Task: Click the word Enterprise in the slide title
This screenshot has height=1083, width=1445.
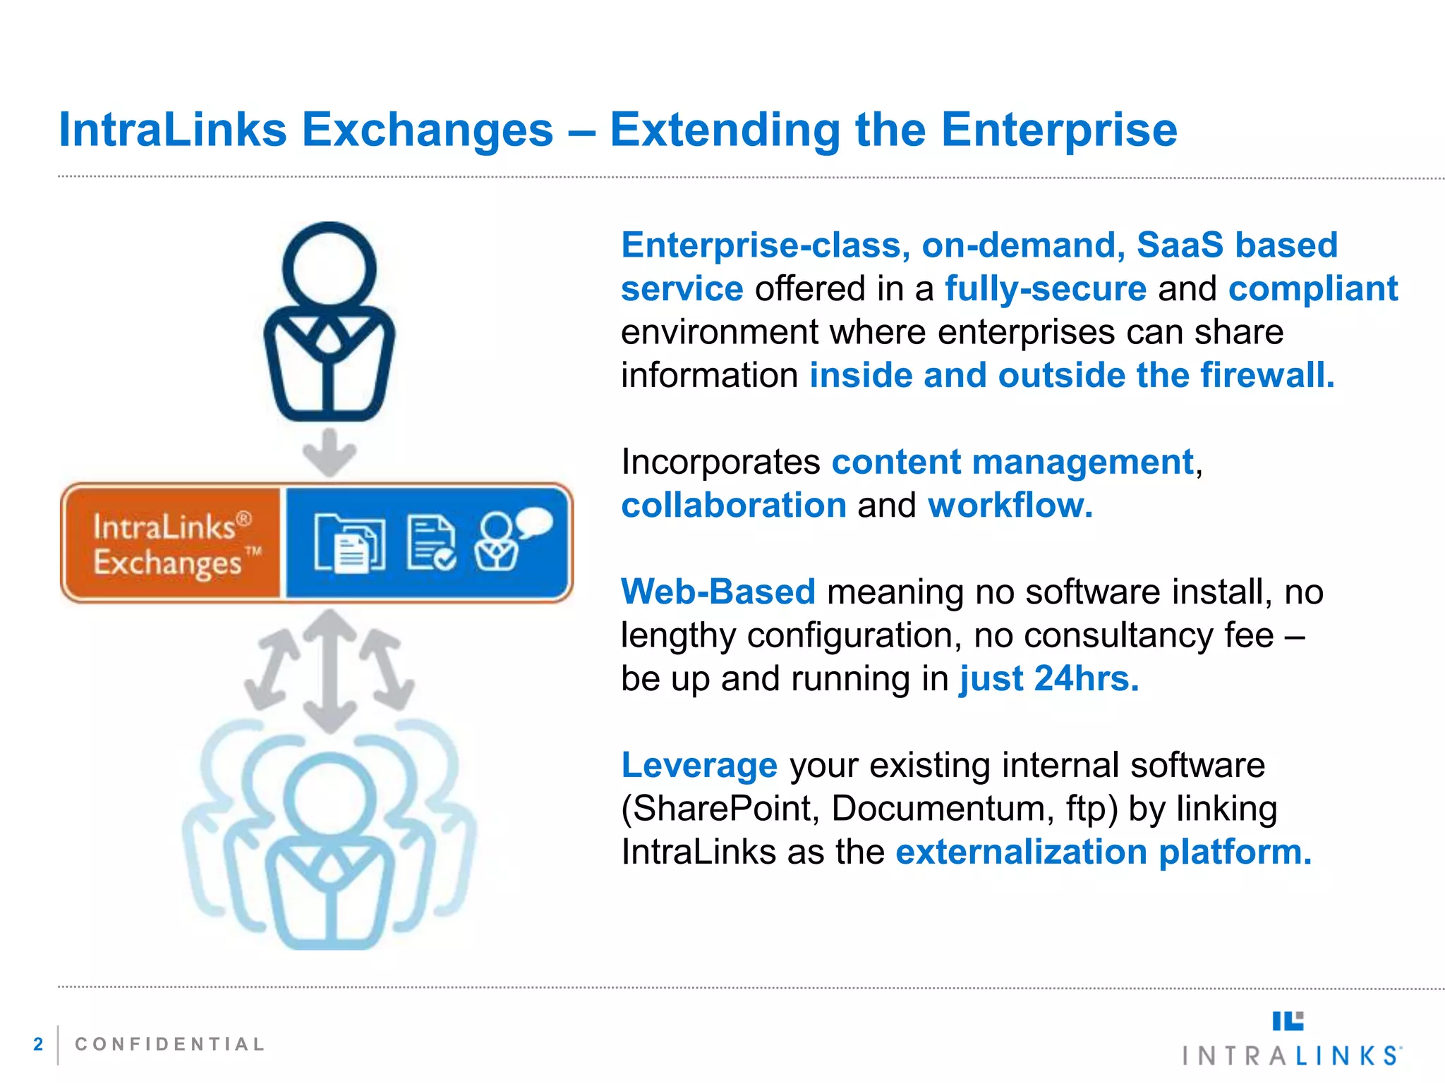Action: point(1059,131)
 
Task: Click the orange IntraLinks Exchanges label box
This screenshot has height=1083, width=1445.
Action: point(171,544)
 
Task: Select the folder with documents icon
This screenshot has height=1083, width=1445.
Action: point(349,542)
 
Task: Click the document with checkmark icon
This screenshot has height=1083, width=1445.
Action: point(430,542)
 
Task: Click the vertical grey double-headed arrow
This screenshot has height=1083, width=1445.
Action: point(329,670)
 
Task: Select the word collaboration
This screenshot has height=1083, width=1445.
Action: point(734,506)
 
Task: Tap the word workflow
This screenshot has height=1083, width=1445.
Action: point(1010,506)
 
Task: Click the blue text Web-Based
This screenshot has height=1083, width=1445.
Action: point(718,592)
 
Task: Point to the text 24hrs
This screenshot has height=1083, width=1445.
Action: point(1086,679)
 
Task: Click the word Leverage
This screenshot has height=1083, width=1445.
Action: point(699,765)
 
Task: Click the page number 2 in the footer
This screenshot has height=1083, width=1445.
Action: point(38,1044)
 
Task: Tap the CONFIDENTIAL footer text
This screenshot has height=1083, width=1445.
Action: point(170,1044)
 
